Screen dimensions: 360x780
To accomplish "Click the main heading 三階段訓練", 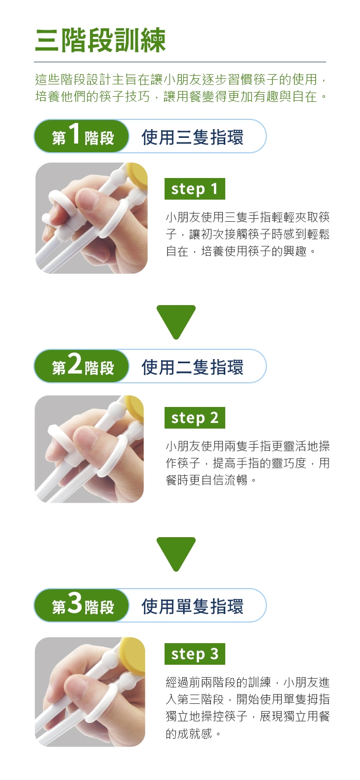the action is click(100, 40).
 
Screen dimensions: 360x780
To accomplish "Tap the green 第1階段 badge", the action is click(81, 136).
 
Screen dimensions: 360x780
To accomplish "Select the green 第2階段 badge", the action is click(81, 366).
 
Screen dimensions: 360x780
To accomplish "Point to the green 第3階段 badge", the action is click(81, 605).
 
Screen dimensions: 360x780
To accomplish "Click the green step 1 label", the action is click(194, 189).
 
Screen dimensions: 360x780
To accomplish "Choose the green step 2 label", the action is click(194, 417).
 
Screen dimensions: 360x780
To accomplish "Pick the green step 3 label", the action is click(194, 653).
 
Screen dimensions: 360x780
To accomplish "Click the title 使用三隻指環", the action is click(192, 137).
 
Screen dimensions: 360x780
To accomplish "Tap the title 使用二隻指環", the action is click(192, 367).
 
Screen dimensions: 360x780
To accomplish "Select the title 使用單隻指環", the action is click(192, 606).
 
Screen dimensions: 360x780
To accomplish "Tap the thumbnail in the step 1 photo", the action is click(87, 199).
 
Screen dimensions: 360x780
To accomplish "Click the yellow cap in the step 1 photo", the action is click(137, 176).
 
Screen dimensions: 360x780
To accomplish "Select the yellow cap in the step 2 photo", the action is click(134, 408).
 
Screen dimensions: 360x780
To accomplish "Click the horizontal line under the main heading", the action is click(180, 62).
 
